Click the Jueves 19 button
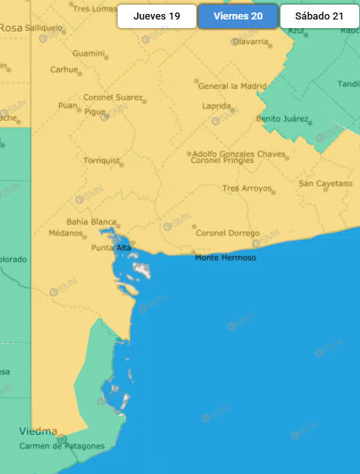(x=157, y=16)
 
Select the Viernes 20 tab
(x=238, y=16)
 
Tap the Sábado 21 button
(x=319, y=16)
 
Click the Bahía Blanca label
(x=92, y=222)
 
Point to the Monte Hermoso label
(x=225, y=258)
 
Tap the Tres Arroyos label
(x=246, y=189)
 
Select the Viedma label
(x=38, y=431)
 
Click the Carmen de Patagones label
(x=62, y=446)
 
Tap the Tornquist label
(x=101, y=161)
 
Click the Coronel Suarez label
(x=113, y=98)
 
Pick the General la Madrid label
(x=231, y=87)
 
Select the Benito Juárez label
(x=283, y=119)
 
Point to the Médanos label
(x=65, y=233)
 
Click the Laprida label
(x=216, y=105)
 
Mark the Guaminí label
(x=88, y=54)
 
